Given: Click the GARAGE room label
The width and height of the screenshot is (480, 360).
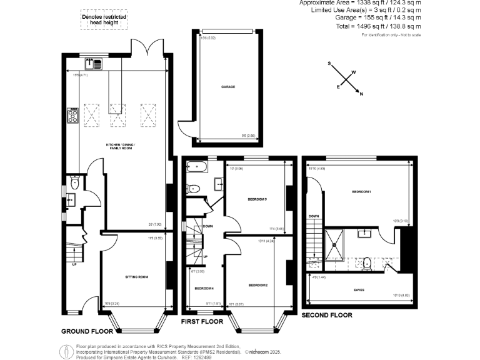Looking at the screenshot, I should pos(227,87).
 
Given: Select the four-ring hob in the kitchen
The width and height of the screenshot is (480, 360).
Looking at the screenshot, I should pos(72,116).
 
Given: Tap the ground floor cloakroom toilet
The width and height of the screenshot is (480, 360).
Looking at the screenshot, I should pos(74,183).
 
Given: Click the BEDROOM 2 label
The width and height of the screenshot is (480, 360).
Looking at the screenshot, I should pos(257,286).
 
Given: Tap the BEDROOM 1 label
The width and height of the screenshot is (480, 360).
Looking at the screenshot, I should pos(362,191).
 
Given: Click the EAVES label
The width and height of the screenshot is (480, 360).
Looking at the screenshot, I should pos(359,290).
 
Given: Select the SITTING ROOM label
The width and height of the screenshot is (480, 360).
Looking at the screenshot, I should pos(136,277).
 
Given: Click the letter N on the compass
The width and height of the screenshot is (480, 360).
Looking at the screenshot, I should pos(361,93).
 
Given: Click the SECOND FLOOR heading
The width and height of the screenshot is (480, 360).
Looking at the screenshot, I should pos(326,316).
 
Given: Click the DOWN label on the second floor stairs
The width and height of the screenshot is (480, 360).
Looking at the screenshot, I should pos(314,216).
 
